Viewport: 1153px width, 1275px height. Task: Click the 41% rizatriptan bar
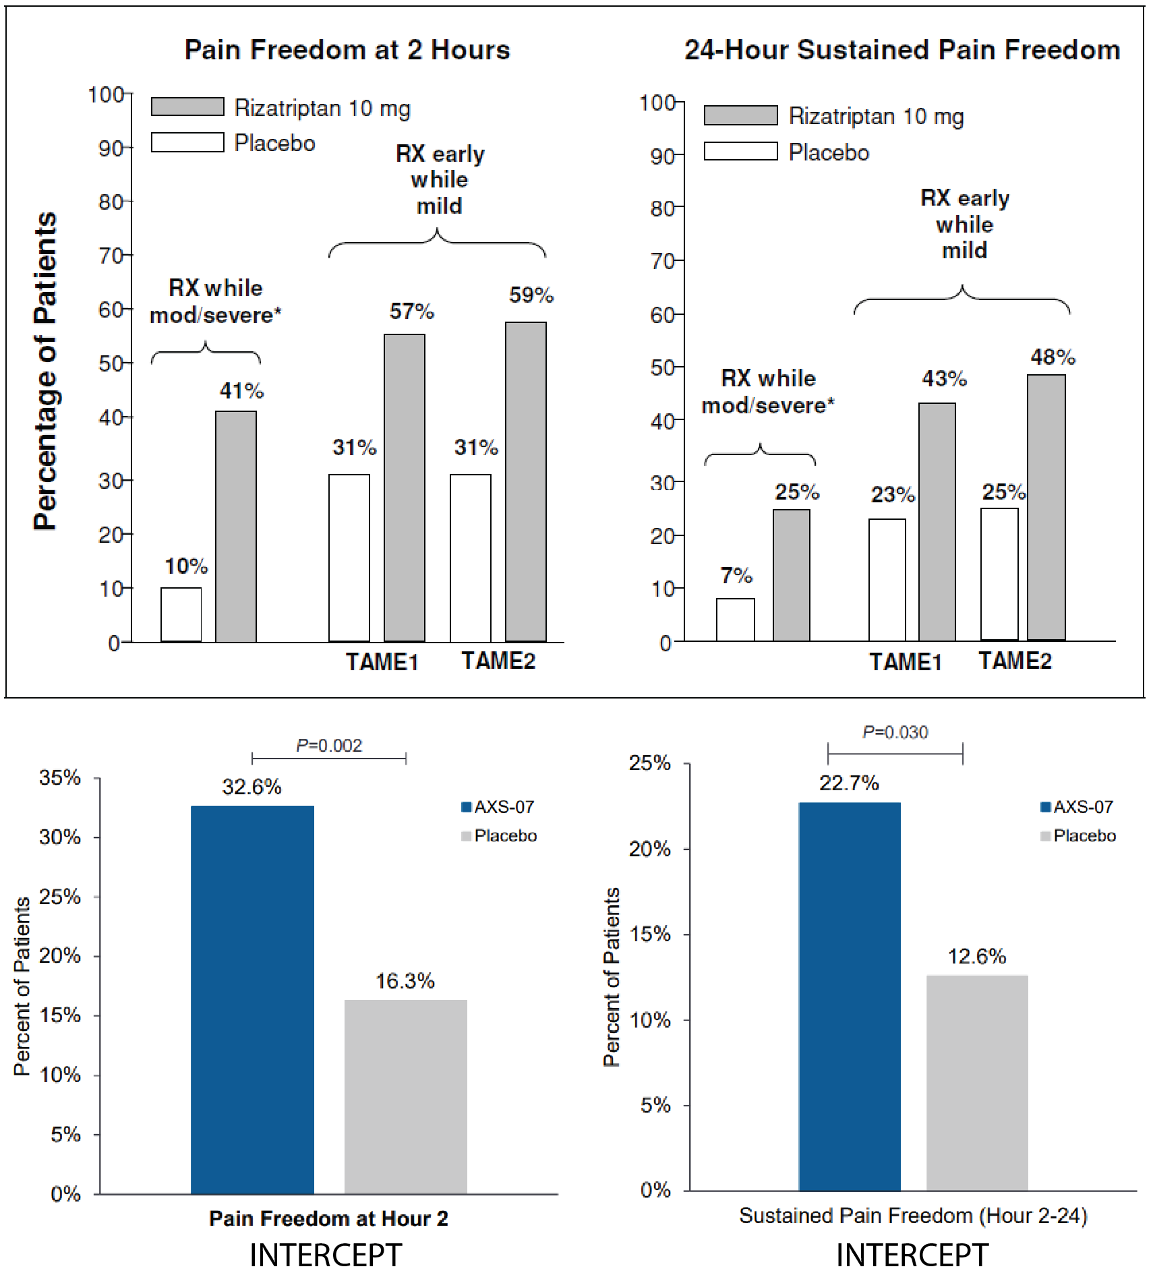pos(236,526)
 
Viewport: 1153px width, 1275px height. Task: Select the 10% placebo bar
pos(181,614)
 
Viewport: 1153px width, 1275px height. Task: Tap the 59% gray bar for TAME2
pos(526,481)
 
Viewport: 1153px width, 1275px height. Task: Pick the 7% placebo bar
pos(736,619)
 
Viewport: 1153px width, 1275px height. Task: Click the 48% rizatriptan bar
pos(1046,507)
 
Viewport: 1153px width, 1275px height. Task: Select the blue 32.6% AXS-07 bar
pos(252,999)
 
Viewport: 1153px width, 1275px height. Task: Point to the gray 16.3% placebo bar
pos(406,1096)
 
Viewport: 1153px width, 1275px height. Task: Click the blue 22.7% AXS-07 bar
pos(850,997)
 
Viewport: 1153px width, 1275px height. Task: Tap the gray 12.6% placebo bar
pos(977,1083)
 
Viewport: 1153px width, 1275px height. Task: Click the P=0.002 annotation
pos(329,745)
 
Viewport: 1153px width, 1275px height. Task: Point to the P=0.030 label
pos(895,732)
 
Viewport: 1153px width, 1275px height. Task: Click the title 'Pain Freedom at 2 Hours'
pos(347,50)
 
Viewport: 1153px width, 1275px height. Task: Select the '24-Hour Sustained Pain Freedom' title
pos(902,50)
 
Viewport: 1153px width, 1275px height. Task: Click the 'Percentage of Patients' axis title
pos(46,371)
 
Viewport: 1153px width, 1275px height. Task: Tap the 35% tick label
pos(60,777)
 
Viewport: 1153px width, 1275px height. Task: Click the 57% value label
pos(412,311)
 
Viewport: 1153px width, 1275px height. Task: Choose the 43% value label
pos(945,378)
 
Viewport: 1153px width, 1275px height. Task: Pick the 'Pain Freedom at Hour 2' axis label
pos(328,1218)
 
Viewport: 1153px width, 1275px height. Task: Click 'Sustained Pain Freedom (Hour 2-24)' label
pos(913,1215)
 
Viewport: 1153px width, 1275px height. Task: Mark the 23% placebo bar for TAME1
pos(887,580)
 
